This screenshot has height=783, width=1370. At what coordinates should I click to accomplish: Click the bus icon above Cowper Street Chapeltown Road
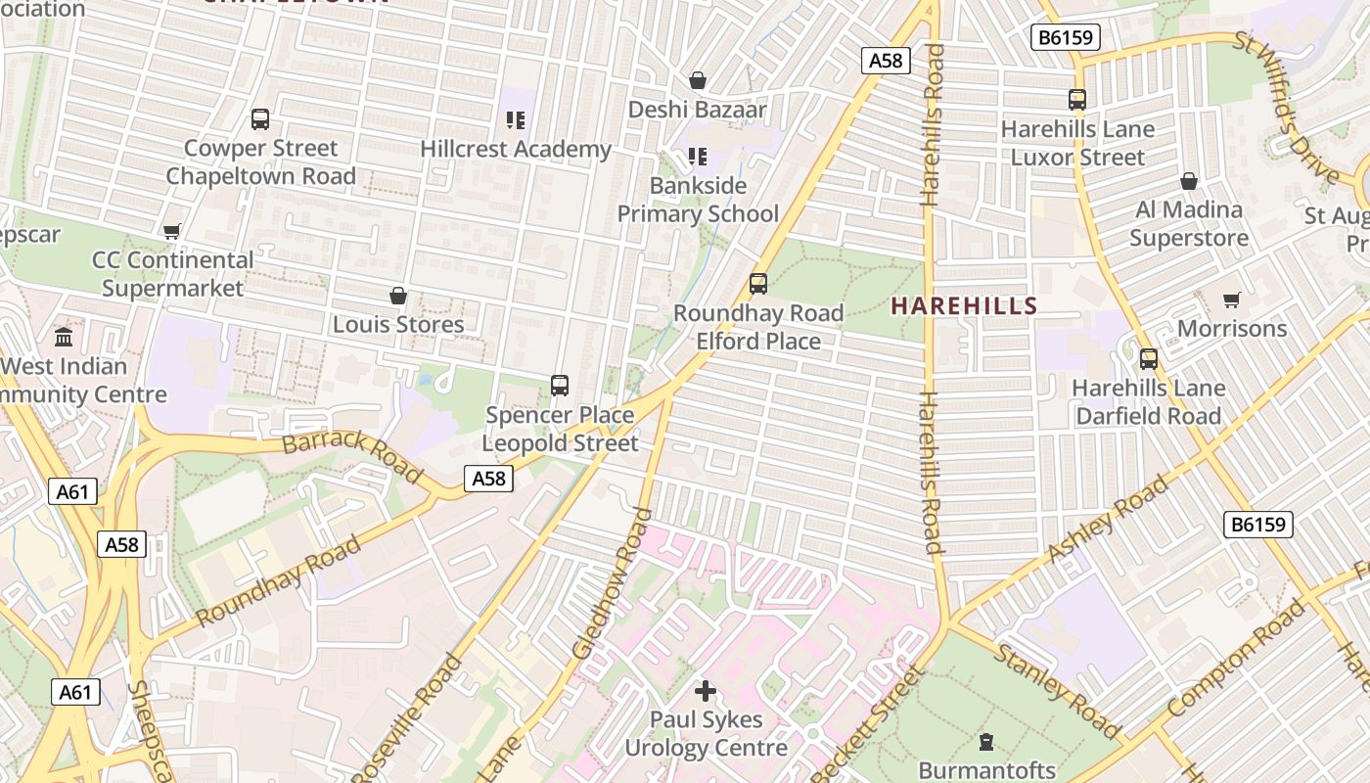coord(260,119)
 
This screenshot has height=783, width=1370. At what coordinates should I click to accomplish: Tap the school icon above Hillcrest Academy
coord(516,120)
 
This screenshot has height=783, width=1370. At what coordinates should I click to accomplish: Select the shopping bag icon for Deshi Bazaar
coord(698,80)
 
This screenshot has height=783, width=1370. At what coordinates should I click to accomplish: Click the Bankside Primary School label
coord(698,200)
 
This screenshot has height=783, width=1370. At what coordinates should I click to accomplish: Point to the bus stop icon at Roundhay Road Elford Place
coord(757,284)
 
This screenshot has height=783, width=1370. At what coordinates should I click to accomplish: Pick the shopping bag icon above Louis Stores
coord(398,296)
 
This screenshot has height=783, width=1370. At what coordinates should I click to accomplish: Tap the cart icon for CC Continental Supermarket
coord(172,232)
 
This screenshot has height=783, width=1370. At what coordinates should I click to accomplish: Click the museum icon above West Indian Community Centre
coord(64,338)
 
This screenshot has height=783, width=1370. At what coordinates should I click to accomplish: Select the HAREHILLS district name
coord(963,305)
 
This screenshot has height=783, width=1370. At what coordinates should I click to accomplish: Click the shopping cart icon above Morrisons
coord(1231,299)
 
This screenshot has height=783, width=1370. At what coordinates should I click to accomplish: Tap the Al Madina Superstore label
coord(1189,223)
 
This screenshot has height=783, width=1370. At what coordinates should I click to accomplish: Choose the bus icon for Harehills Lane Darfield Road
coord(1149,359)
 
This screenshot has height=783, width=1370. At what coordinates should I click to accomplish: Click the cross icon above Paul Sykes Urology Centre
coord(706,691)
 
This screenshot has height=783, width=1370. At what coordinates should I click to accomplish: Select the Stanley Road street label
coord(1057,690)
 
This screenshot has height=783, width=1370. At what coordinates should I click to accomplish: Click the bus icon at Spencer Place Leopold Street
coord(560,386)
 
